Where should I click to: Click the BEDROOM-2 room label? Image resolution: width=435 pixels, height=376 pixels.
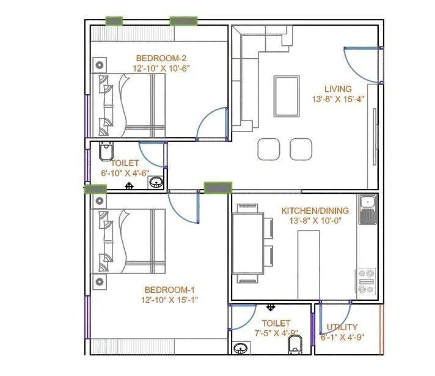tap(161, 59)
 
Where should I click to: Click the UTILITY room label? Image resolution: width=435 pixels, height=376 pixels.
tap(342, 327)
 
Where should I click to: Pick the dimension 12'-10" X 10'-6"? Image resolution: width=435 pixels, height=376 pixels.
tap(161, 68)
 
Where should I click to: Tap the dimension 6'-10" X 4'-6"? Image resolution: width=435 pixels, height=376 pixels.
tap(126, 173)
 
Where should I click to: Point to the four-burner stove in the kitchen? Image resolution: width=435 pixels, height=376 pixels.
tap(367, 282)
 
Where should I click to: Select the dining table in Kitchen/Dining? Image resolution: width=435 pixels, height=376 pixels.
tap(248, 243)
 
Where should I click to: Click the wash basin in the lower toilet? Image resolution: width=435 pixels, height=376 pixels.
tap(240, 348)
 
